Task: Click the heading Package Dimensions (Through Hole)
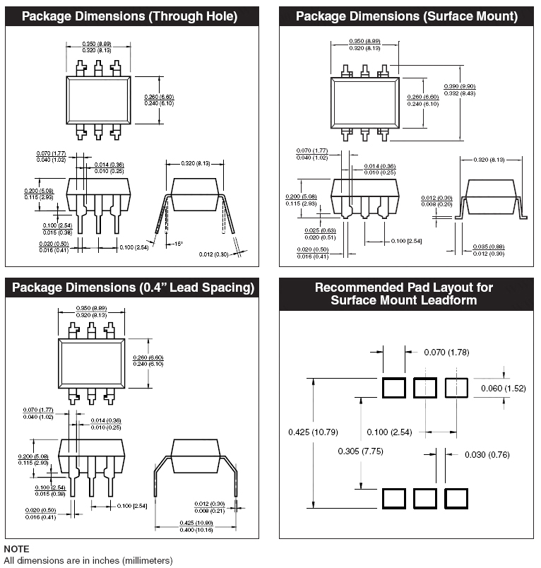129,16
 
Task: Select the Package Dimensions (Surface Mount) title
406,16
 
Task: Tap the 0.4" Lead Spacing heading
133,288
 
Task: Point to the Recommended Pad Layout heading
404,294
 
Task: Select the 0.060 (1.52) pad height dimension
504,389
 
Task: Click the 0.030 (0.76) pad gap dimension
487,454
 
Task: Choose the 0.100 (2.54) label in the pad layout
388,432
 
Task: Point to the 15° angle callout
179,244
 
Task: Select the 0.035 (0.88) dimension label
489,247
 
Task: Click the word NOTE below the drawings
17,549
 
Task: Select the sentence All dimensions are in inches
88,560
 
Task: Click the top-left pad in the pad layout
393,388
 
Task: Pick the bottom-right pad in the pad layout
456,498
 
